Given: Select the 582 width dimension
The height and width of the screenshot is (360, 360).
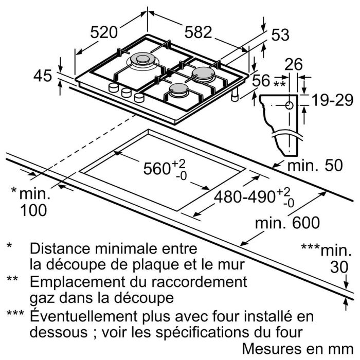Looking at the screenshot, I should [x=198, y=32].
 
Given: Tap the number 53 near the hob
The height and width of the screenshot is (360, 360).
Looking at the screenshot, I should [x=280, y=35].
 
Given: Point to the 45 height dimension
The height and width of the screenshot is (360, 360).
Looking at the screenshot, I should [x=43, y=76].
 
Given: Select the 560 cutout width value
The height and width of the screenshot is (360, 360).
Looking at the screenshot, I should [x=156, y=168].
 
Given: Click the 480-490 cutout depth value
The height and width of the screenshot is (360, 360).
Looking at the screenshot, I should [x=247, y=196].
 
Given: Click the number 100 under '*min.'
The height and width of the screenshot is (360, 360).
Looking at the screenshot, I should [x=33, y=210].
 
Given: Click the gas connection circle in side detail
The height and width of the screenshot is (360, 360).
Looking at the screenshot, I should [x=289, y=106].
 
